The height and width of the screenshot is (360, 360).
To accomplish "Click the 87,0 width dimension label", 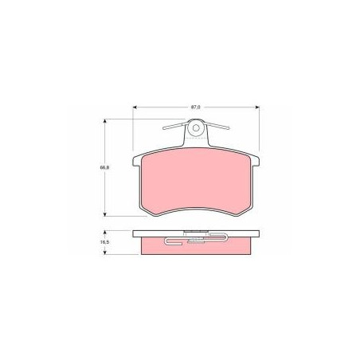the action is (196, 108).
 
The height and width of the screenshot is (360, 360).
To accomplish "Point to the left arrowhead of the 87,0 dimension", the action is (135, 108).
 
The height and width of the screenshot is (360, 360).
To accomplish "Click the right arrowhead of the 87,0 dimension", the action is (257, 108).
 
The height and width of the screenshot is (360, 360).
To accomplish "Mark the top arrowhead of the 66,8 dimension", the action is (105, 121).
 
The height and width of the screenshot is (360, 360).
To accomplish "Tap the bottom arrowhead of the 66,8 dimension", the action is (105, 214).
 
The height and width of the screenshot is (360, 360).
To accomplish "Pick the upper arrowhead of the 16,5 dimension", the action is (105, 233).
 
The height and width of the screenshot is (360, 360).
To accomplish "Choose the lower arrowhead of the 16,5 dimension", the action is (105, 252).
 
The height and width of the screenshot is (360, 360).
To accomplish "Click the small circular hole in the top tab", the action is (196, 128).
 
